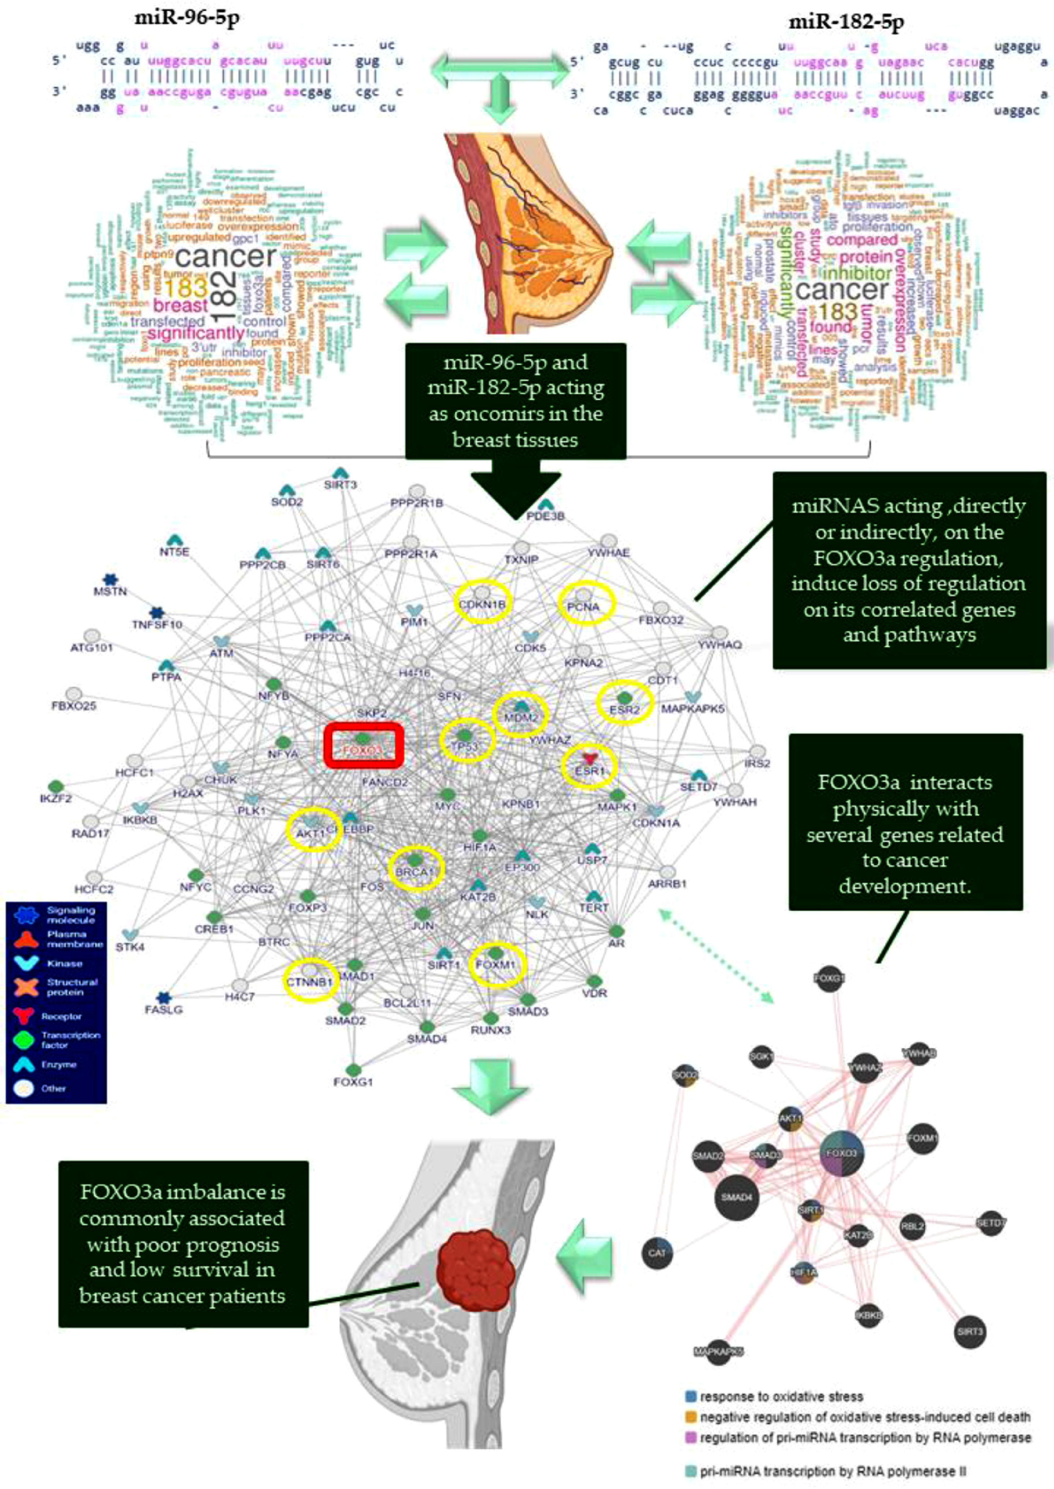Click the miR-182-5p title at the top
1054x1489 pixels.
[x=846, y=23]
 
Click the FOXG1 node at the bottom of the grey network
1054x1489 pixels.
[x=353, y=1069]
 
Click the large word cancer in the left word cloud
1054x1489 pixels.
[x=225, y=256]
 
